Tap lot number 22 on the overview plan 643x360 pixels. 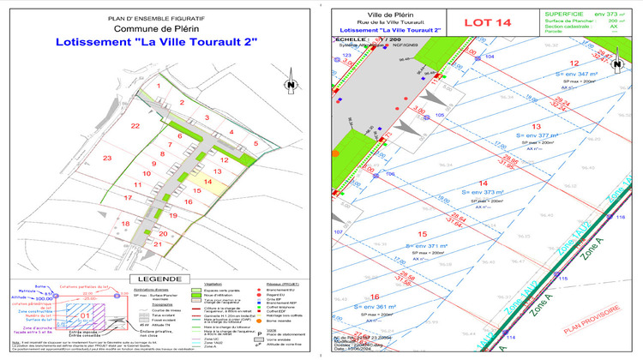(x=135, y=125)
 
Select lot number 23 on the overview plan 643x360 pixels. (x=107, y=159)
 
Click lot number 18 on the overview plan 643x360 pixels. (x=126, y=224)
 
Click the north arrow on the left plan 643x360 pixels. (x=291, y=84)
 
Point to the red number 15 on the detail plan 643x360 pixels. (x=421, y=234)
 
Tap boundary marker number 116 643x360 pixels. (x=622, y=218)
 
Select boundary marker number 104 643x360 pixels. (x=490, y=55)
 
